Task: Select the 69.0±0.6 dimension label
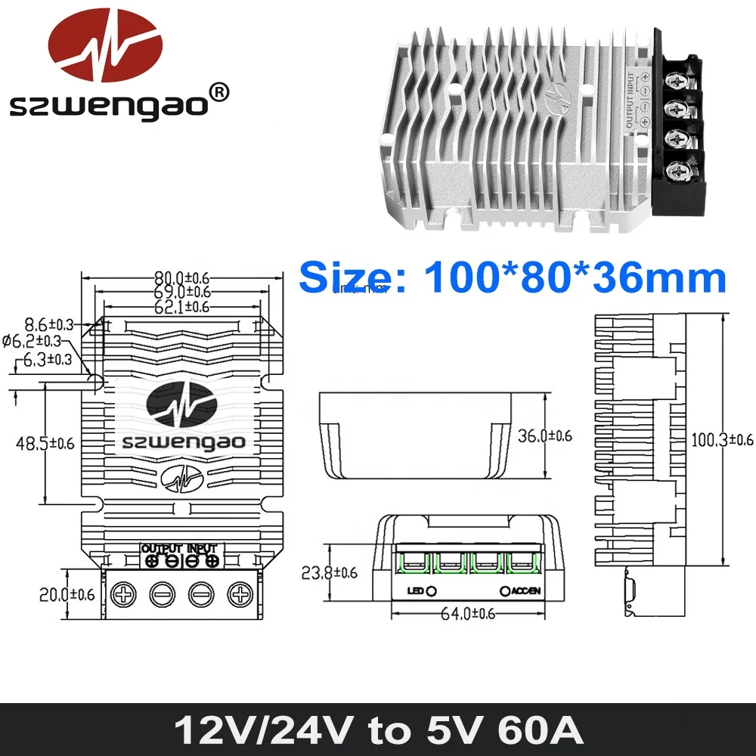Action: point(182,291)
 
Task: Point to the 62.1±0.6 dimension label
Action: point(182,306)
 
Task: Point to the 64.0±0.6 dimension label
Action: point(467,614)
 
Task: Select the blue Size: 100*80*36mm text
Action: point(512,277)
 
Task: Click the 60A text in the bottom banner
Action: point(538,730)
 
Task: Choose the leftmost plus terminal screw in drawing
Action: point(122,593)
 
